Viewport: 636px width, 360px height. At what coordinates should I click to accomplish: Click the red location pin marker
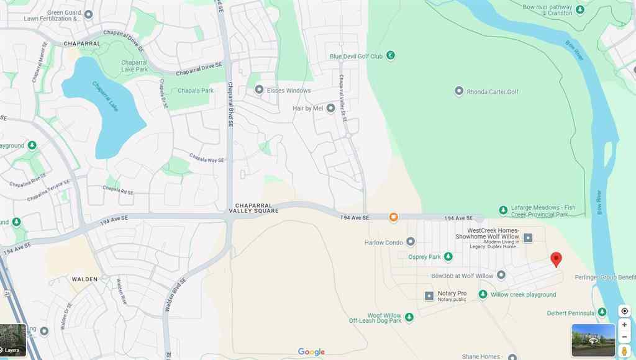pos(556,259)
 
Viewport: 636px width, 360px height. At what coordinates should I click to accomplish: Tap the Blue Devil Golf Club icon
pos(390,56)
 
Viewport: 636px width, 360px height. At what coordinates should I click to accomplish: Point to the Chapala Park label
pos(196,91)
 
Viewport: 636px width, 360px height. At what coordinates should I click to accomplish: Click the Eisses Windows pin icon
pos(259,90)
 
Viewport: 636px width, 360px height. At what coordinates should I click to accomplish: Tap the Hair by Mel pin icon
pos(330,108)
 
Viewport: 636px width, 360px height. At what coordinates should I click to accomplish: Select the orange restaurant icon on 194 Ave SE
pos(393,217)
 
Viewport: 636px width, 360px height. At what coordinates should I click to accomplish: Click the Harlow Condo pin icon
pos(411,242)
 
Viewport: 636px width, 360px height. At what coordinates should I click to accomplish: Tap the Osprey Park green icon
pos(448,256)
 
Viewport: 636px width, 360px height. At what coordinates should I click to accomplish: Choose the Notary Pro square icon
pos(429,296)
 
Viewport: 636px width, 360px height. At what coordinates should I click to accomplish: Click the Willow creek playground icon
pos(483,294)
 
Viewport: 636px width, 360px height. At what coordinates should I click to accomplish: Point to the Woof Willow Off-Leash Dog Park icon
pos(409,318)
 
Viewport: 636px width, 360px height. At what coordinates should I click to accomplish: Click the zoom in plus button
pos(624,325)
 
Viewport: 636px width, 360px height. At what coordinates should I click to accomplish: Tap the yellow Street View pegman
pos(624,351)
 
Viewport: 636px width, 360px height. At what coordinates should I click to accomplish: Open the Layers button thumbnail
pos(13,340)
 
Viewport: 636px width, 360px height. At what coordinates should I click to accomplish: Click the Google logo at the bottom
pos(311,352)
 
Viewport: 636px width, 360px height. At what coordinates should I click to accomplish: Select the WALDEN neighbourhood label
pos(84,279)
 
